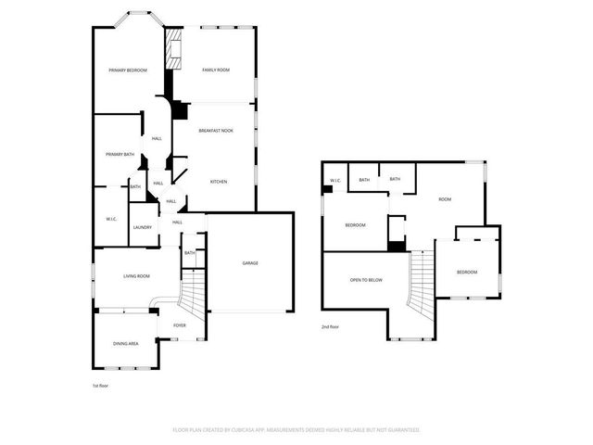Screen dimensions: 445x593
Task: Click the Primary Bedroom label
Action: point(128,70)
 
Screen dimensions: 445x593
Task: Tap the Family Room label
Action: point(216,70)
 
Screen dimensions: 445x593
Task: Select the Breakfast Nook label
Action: point(216,131)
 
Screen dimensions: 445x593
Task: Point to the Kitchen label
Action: point(219,182)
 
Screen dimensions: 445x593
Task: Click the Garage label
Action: point(250,263)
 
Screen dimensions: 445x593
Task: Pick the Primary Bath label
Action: point(120,155)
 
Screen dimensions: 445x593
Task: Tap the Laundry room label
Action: point(142,227)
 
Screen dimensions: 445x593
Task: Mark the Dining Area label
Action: point(126,344)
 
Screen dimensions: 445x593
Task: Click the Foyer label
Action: point(179,326)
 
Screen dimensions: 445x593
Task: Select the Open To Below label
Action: point(366,280)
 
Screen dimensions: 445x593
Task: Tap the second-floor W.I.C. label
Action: point(334,180)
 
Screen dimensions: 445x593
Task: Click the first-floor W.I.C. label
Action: point(110,219)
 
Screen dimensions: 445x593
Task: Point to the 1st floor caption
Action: point(100,385)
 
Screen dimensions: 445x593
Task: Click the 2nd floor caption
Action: point(330,327)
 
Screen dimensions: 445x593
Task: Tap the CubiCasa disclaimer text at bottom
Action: point(296,430)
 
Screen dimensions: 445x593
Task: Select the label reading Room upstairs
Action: point(445,199)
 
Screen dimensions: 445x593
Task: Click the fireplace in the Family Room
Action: point(173,52)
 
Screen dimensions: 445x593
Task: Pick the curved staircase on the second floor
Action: point(422,283)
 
